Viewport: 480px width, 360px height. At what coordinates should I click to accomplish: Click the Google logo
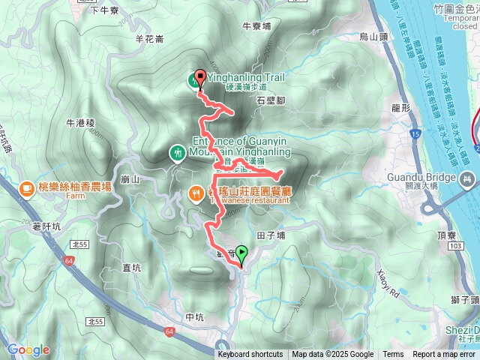coord(28,349)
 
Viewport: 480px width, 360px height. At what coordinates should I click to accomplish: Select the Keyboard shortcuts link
coord(250,355)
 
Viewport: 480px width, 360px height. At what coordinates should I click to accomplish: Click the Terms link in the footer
coord(393,355)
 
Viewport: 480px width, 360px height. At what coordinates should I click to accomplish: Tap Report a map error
coord(445,355)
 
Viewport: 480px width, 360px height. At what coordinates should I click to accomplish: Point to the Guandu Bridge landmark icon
coord(469,178)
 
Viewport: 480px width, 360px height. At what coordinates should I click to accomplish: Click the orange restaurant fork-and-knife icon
coord(194,195)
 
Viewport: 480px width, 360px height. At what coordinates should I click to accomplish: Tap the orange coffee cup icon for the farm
coord(25,187)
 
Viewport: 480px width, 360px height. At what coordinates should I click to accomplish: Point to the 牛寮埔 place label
coord(256,25)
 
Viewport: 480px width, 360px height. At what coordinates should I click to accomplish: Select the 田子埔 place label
coord(271,235)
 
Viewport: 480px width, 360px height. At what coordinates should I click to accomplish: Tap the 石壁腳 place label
coord(271,99)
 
